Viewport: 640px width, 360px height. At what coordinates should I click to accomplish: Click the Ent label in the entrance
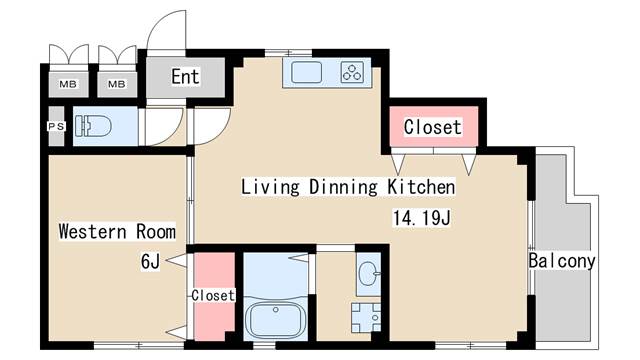[x=185, y=77]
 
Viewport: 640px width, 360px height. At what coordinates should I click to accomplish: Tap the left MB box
[x=69, y=84]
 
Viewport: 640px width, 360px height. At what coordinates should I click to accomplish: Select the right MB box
[x=117, y=84]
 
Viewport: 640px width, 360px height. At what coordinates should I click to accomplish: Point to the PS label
[x=56, y=127]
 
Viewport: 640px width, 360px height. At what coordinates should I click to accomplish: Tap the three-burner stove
[x=352, y=71]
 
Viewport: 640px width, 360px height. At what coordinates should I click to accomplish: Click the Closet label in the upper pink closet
[x=432, y=127]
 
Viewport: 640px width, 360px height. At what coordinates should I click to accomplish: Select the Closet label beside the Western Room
[x=212, y=296]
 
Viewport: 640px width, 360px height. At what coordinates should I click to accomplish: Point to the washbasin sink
[x=368, y=271]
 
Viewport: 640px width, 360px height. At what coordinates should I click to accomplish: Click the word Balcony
[x=562, y=262]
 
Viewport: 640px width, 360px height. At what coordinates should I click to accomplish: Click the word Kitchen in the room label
[x=421, y=187]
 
